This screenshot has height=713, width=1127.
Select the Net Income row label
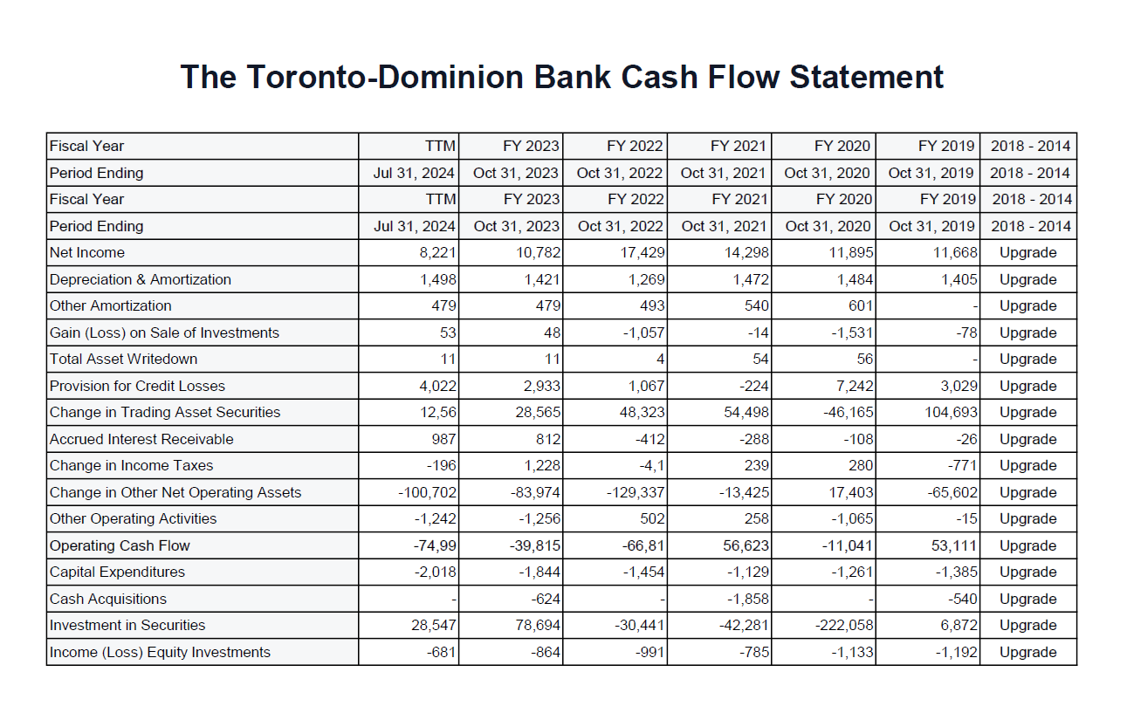pos(87,253)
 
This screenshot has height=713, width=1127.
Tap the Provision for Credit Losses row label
pos(136,386)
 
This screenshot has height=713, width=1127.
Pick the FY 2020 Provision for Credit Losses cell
pos(851,386)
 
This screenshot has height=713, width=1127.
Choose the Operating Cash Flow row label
pos(120,545)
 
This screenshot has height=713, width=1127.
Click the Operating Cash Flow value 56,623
pos(745,545)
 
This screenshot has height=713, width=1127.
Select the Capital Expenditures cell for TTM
pos(433,572)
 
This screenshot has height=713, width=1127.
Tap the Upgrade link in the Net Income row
pos(1027,253)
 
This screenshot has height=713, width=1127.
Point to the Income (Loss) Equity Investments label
pos(160,652)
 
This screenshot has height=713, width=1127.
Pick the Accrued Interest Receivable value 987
pos(443,439)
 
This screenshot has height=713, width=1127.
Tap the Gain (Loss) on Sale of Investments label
pos(164,333)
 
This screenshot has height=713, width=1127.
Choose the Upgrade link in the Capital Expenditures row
pos(1027,572)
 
